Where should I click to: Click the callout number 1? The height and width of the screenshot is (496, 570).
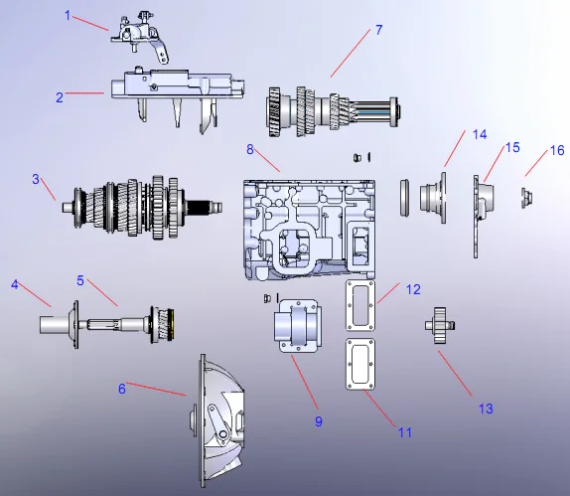pos(69,15)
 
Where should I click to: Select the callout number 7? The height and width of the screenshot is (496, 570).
pos(378,30)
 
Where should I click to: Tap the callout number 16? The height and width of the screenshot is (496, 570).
pos(557,150)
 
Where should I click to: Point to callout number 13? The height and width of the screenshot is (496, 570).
pos(485,408)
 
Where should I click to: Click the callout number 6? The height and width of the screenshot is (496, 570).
pos(122,388)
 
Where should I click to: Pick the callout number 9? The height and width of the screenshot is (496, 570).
pos(319,420)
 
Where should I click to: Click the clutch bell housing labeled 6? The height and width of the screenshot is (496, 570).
pos(223,417)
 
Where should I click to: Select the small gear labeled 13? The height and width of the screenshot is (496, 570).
pos(440,327)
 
